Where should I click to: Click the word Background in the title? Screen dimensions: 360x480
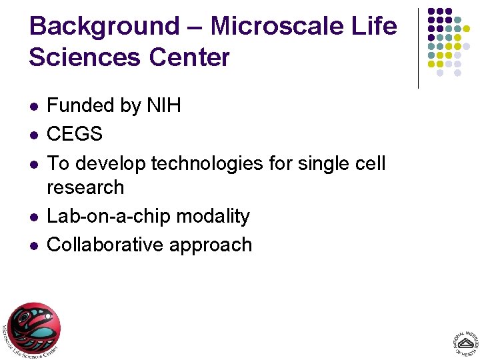tap(105, 27)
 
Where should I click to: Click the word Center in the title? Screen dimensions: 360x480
tap(189, 57)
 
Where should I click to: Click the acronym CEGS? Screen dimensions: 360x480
tap(75, 134)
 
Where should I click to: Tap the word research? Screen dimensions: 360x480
tap(85, 187)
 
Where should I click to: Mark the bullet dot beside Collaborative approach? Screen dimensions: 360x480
tap(33, 246)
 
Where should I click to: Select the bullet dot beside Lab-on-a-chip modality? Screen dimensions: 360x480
tap(33, 217)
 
